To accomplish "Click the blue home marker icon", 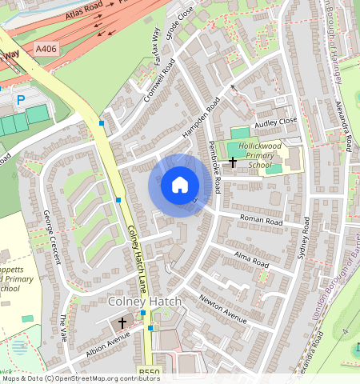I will pos(180,185).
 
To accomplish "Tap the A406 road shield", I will pos(47,50).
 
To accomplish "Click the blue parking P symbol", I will pos(21,100).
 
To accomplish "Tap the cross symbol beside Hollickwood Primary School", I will pos(233,162).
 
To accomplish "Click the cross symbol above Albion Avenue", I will pos(122,323).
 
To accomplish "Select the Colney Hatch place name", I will pos(145,302).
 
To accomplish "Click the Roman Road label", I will pos(262,220).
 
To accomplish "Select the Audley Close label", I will pos(275,121).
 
